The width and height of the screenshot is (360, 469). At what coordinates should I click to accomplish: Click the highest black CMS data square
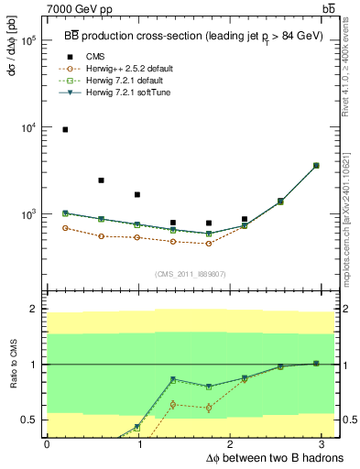[65, 130]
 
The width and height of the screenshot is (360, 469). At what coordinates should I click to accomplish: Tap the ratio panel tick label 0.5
[29, 420]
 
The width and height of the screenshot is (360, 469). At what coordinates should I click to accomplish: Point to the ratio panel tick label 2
[33, 310]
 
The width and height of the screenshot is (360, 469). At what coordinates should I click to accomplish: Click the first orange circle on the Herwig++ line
[65, 228]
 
